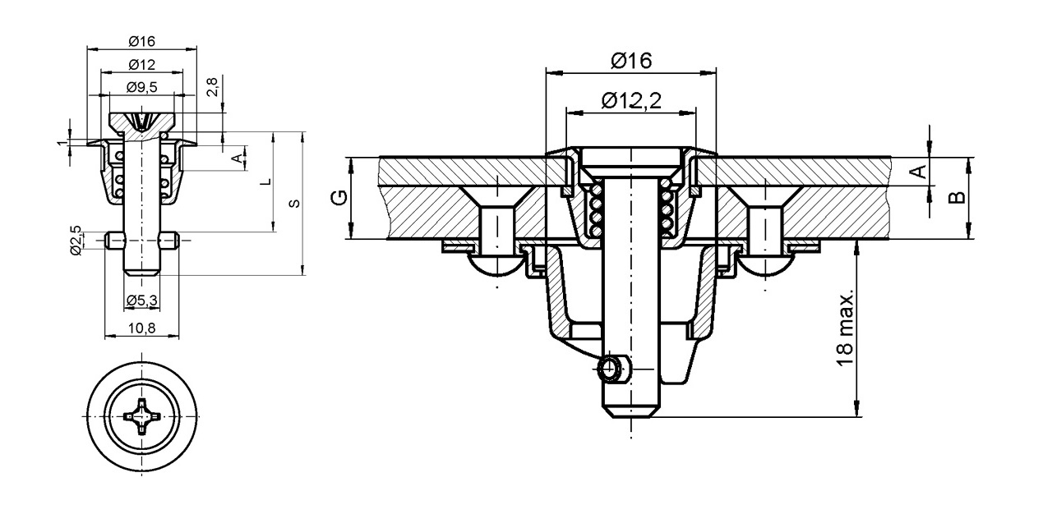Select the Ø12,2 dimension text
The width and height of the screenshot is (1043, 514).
point(630,100)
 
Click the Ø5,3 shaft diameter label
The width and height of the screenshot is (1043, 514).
point(141,301)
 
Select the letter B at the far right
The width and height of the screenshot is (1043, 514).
point(955,197)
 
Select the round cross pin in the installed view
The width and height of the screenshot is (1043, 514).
point(612,369)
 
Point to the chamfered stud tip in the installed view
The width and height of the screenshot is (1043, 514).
point(631,409)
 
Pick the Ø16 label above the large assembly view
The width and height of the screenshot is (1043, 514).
point(630,61)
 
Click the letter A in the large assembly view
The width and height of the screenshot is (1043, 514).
point(921,171)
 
